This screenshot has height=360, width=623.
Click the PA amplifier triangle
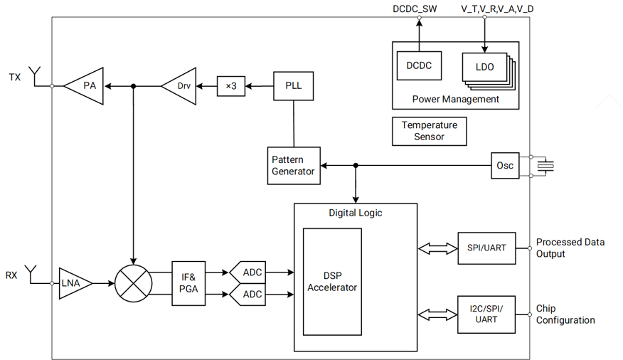point(86,86)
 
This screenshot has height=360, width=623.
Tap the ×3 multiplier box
point(230,86)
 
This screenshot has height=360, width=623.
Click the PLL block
point(293,86)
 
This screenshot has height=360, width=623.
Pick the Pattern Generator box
point(293,166)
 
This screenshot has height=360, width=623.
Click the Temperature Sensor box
point(429,131)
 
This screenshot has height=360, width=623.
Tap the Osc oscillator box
point(504,166)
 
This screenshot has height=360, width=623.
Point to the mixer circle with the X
point(134,283)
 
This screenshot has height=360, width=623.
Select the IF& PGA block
point(188,283)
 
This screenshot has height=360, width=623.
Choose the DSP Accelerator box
point(332,282)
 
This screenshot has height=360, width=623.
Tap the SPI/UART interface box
point(486,248)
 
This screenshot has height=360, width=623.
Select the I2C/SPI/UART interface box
point(486,314)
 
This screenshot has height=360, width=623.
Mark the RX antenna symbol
point(31,272)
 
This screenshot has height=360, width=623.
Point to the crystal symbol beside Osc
point(545,166)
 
